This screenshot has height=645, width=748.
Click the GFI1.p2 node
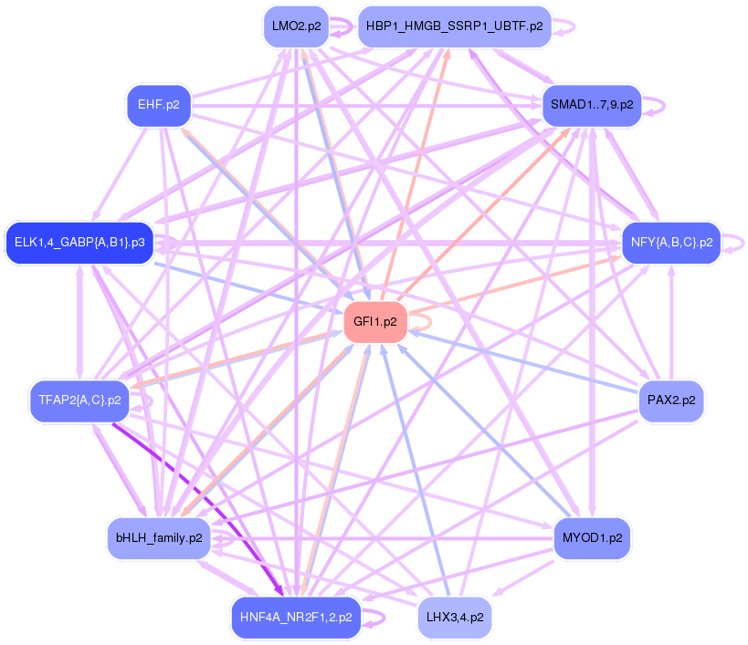point(375,322)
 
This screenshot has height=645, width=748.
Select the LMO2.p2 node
point(295,26)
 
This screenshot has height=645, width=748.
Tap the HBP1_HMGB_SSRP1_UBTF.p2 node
point(454,26)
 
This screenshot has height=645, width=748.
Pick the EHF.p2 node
point(158,105)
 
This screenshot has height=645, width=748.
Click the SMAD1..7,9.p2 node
point(592,105)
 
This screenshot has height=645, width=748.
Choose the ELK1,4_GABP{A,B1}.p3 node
point(79,243)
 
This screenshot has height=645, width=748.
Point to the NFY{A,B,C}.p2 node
point(671,243)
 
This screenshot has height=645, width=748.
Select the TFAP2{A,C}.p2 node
point(79,401)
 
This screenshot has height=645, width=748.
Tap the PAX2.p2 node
point(670,401)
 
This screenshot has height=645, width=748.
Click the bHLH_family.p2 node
point(159,538)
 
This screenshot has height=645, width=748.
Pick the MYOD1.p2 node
point(592,538)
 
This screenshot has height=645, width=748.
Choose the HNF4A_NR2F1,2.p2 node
point(296,617)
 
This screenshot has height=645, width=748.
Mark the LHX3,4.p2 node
point(454,617)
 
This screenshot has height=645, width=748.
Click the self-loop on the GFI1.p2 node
point(422,321)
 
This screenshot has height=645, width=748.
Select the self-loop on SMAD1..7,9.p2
point(655,105)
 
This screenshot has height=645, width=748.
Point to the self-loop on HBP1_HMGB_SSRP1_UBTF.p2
point(566,26)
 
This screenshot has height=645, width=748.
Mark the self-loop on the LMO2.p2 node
point(342,26)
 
